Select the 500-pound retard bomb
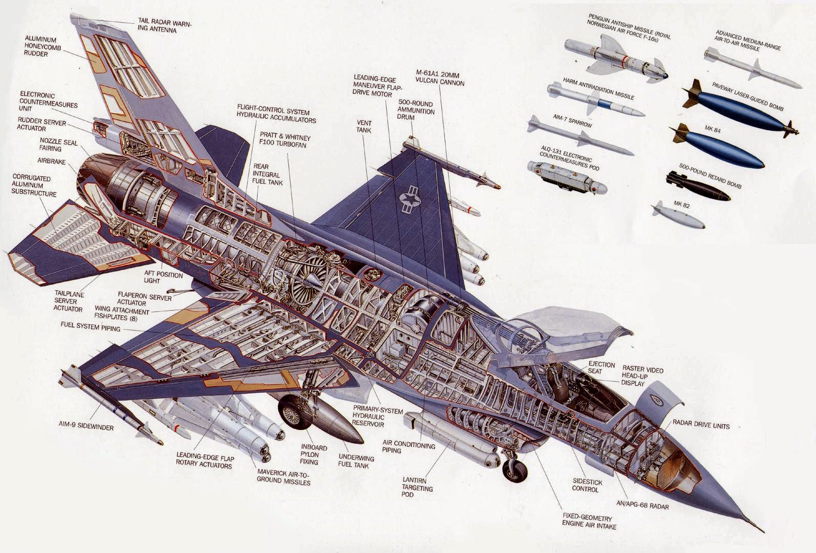point(698,186)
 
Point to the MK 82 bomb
point(678,215)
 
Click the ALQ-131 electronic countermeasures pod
point(567,178)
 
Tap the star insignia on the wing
point(410,199)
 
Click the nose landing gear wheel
point(514,471)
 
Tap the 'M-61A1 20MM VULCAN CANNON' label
point(440,77)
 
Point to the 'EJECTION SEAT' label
point(601,367)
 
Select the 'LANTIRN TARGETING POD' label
point(417,488)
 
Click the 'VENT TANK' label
point(364,126)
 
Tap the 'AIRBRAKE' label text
point(51,161)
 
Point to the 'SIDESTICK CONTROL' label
point(587,485)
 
